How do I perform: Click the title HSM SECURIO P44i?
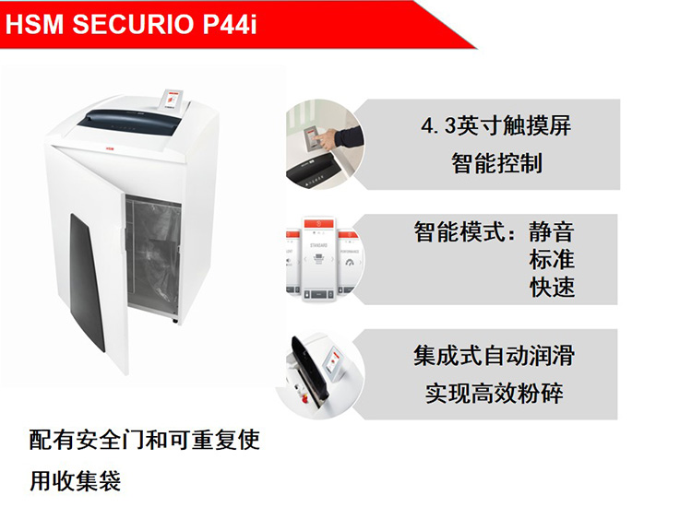click(x=131, y=24)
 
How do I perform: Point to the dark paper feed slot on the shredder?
click(x=132, y=122)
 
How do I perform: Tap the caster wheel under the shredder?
click(x=175, y=321)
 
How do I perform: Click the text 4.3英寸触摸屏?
click(x=495, y=125)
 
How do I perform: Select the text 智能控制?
click(x=496, y=163)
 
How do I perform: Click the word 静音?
click(x=552, y=232)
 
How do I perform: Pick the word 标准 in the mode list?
click(x=552, y=260)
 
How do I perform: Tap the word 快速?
click(x=552, y=288)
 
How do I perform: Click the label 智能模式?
click(x=459, y=232)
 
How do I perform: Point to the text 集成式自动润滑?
click(x=494, y=356)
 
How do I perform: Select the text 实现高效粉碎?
click(x=494, y=394)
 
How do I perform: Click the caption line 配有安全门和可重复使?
click(x=144, y=440)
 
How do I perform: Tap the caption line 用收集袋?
click(x=75, y=480)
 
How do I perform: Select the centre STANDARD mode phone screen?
click(x=318, y=259)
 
